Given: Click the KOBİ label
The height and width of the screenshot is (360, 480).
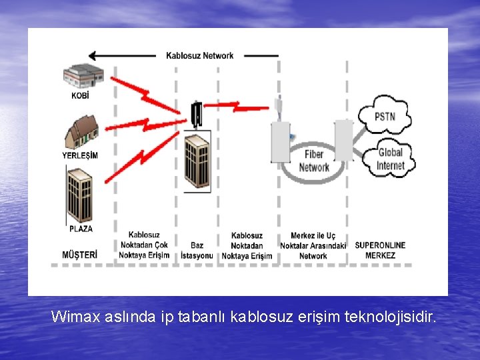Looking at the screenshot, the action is tap(80, 95).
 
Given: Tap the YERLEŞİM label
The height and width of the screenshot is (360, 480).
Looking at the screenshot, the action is tap(80, 155).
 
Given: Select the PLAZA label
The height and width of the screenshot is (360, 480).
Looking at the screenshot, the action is tap(81, 229).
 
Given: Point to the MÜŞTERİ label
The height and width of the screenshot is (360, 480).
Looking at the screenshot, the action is tap(79, 255).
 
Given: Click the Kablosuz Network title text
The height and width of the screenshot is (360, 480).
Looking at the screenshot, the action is tap(199, 56).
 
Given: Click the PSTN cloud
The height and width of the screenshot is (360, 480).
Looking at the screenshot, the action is tap(385, 117).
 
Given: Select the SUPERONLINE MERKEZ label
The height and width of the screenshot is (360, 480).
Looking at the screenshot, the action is tap(380, 250).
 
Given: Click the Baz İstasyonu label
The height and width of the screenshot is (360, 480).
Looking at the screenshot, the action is tap(197, 250).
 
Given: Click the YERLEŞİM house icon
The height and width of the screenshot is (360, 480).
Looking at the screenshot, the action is tap(81, 132).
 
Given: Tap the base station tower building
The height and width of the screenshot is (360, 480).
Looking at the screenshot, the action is tap(197, 160).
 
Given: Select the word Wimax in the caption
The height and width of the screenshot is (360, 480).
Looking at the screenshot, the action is tap(75, 316).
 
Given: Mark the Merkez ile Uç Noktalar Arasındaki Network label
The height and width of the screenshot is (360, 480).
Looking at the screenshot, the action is tap(313, 245).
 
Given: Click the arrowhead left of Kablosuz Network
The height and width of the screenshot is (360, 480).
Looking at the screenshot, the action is tap(95, 56).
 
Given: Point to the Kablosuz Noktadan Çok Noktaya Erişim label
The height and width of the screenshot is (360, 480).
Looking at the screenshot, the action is tap(144, 245).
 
